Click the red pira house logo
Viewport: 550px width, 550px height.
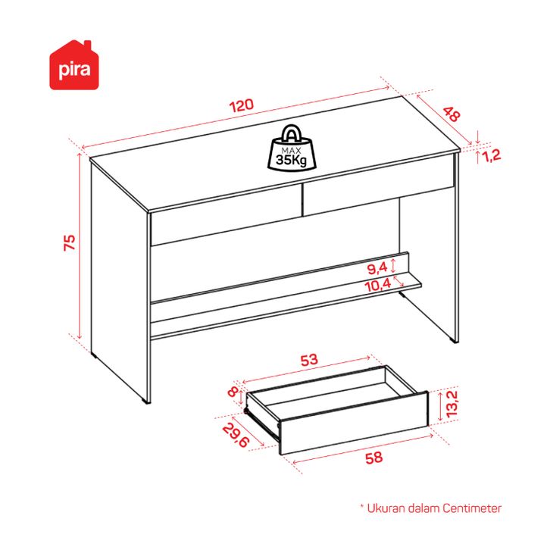coord(74,66)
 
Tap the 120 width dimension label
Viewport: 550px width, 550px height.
coord(242,105)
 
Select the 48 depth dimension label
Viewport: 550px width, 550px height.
coord(452,114)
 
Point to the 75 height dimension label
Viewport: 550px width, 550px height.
coord(70,242)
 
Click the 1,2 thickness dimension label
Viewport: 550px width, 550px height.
coord(492,155)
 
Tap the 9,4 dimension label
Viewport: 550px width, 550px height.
coord(377,269)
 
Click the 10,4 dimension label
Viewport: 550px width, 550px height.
coord(378,286)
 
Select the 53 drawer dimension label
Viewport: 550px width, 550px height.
coord(309,360)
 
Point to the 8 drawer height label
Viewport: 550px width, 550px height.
coord(233,392)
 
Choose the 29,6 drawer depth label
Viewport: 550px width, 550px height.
coord(236,436)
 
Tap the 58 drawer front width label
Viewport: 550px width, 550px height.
coord(374,458)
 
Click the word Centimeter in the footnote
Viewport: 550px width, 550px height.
coord(472,508)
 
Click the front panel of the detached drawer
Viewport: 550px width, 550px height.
coord(355,423)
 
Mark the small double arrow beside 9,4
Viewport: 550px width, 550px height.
coord(393,265)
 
